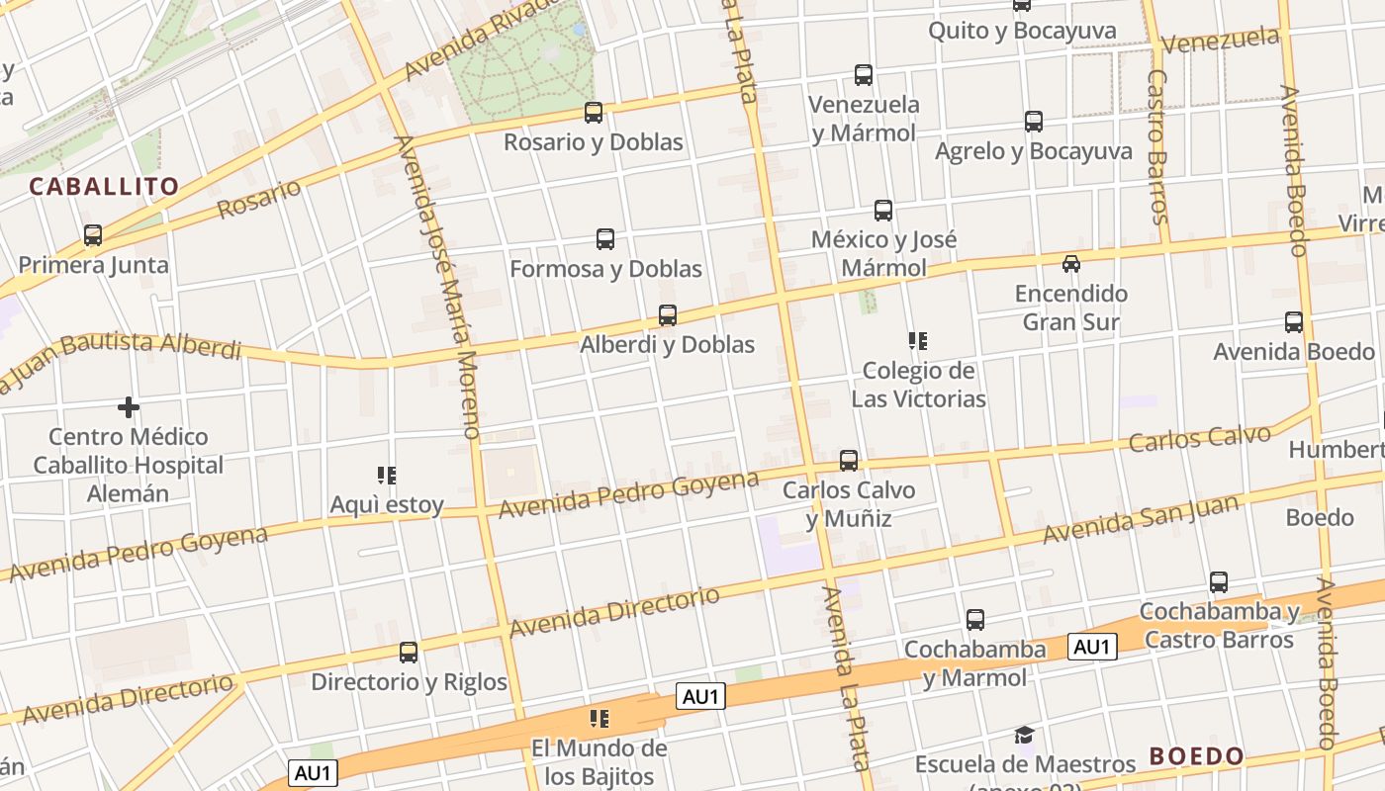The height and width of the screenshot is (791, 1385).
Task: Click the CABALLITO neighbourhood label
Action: click(x=104, y=186)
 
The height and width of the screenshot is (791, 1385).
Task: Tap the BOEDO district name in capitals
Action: click(x=1197, y=756)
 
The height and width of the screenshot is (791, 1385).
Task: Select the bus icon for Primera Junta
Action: click(x=93, y=235)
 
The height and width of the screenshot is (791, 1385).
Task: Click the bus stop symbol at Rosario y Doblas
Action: click(x=594, y=113)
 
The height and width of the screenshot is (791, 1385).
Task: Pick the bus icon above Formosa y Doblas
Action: click(x=605, y=239)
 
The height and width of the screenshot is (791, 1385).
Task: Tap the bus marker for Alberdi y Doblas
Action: click(x=668, y=315)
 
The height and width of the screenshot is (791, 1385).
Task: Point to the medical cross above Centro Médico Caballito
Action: click(x=128, y=407)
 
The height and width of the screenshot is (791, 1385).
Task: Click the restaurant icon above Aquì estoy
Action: click(x=387, y=476)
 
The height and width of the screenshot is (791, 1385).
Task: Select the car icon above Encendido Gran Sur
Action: click(x=1070, y=264)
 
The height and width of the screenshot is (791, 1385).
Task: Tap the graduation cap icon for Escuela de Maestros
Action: click(x=1024, y=736)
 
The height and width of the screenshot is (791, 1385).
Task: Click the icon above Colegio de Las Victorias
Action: click(x=918, y=342)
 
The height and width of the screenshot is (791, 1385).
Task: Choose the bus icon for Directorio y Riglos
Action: click(x=409, y=653)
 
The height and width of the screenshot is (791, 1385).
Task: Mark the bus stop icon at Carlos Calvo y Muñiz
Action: click(x=848, y=461)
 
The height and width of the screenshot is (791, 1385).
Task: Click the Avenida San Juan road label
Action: click(x=1140, y=519)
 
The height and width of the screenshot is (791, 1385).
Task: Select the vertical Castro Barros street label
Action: click(x=1158, y=146)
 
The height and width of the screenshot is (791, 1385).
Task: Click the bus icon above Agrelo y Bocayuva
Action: click(x=1034, y=122)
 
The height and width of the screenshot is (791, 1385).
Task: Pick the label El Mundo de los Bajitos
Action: click(x=600, y=761)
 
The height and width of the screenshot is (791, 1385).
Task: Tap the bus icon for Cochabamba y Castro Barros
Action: click(x=1219, y=582)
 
